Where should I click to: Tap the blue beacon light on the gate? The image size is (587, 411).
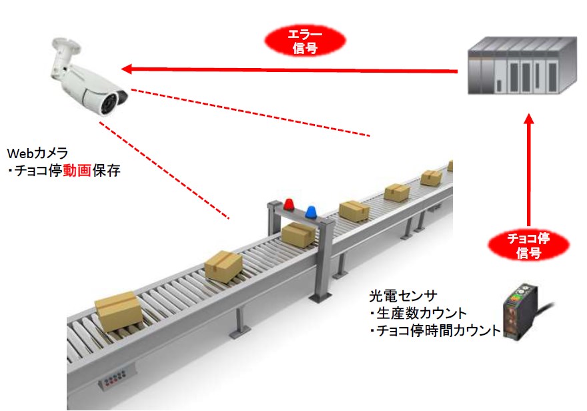(312, 212)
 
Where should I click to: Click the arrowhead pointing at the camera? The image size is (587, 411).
(127, 67)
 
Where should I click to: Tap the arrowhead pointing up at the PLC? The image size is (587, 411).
(529, 120)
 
